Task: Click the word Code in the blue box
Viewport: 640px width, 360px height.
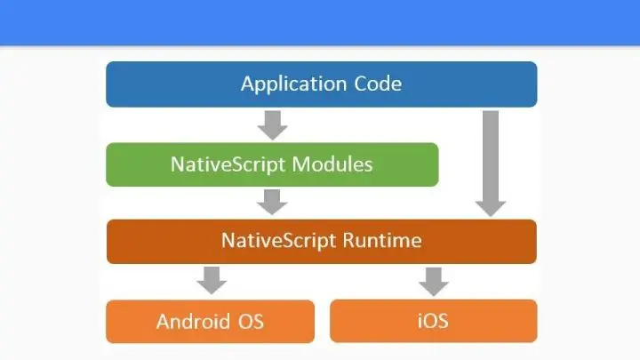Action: [378, 84]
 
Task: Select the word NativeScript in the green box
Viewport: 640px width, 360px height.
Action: [227, 164]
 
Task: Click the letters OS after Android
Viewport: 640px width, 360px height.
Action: [250, 321]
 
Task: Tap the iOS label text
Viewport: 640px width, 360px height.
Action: [433, 321]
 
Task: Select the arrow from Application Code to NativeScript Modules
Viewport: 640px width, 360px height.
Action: [272, 124]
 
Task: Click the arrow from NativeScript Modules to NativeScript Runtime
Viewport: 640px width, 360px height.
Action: [272, 202]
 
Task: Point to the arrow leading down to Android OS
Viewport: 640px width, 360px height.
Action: [212, 279]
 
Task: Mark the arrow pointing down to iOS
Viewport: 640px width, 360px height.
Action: [433, 279]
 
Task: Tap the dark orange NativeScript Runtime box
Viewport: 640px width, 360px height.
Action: [151, 241]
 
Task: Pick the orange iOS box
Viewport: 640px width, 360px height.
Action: [498, 321]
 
